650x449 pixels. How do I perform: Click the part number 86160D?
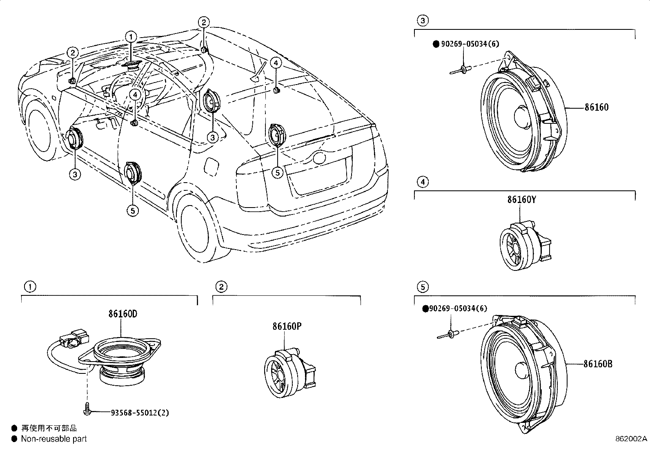pos(122,314)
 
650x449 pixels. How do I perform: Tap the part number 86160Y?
pos(521,199)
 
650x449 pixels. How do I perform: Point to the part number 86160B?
pos(598,364)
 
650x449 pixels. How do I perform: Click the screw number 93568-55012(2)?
pos(140,413)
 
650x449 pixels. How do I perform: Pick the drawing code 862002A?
pos(632,439)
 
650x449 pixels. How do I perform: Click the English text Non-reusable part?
pos(54,439)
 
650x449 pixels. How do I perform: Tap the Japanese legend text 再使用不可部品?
pos(49,428)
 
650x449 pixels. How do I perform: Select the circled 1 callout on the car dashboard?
pos(131,37)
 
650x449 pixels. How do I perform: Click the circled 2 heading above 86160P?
pos(221,287)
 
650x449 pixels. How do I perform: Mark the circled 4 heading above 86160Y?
pos(423,182)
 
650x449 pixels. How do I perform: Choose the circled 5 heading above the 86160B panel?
pos(423,287)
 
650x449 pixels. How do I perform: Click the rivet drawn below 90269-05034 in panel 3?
pos(461,71)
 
